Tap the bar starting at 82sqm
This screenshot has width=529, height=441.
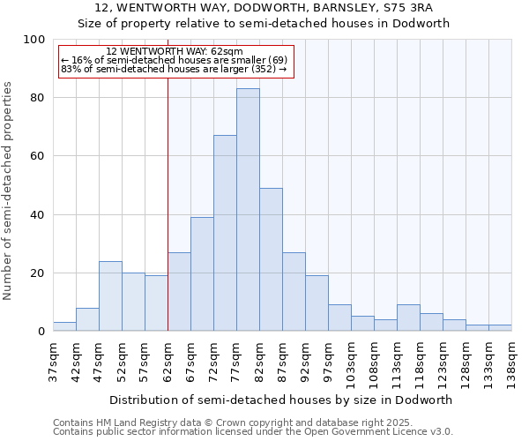click(271, 259)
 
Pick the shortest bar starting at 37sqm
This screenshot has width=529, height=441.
click(64, 327)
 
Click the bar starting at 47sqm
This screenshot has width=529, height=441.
click(110, 296)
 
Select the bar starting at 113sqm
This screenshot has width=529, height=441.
click(408, 318)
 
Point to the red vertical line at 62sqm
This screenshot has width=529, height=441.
click(168, 203)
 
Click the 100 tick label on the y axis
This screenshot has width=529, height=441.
click(34, 40)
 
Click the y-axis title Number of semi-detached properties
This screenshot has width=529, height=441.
click(9, 191)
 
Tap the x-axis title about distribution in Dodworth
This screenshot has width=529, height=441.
click(281, 400)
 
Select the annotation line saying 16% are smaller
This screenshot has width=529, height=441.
click(174, 60)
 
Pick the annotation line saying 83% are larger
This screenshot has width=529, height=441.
click(174, 69)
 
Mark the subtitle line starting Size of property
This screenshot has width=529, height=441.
click(264, 24)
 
